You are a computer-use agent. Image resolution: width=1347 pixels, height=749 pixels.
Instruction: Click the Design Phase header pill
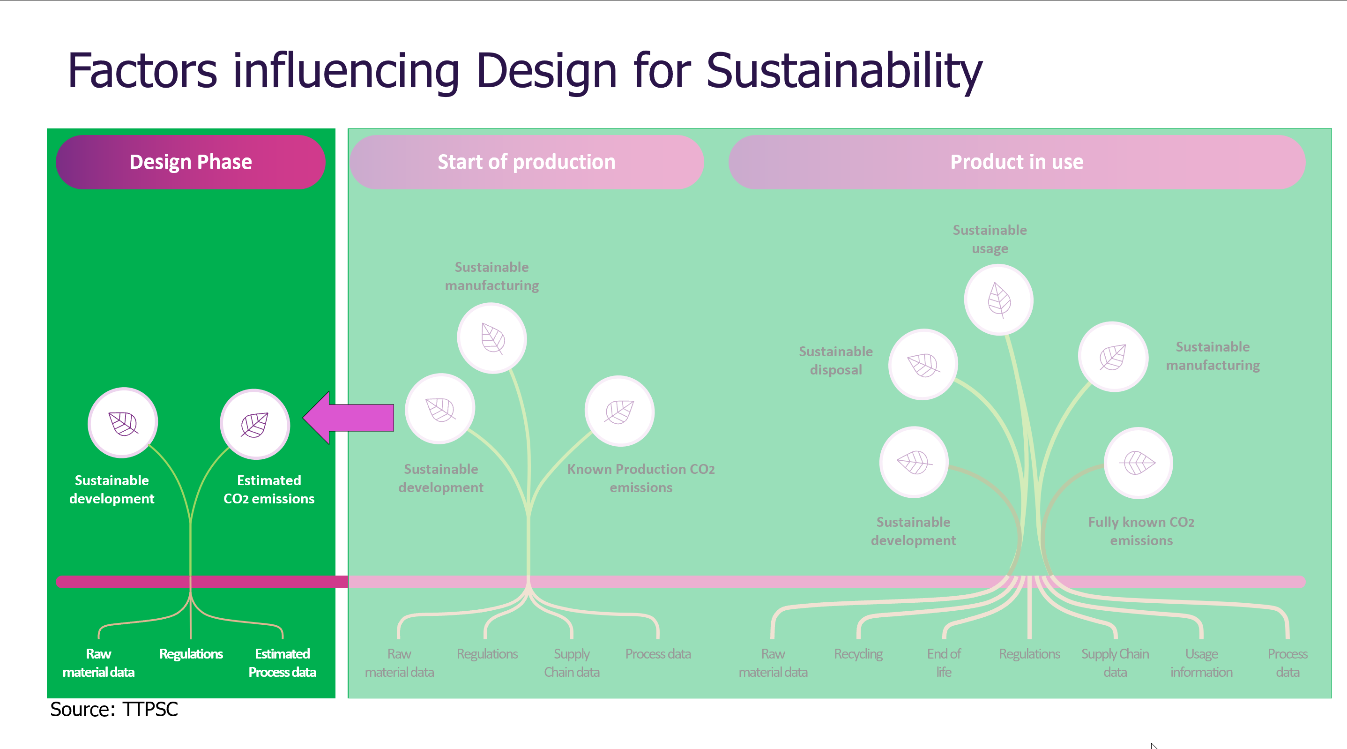pos(190,162)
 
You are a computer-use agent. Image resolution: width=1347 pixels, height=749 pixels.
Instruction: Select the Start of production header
pos(526,162)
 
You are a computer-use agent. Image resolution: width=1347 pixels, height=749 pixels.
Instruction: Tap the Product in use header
pos(1017,162)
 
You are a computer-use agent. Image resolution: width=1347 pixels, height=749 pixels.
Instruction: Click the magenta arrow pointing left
pos(348,418)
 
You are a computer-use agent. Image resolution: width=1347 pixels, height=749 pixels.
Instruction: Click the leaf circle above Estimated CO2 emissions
pos(255,424)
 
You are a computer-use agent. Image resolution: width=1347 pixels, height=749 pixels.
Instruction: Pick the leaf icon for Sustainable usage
pos(998,300)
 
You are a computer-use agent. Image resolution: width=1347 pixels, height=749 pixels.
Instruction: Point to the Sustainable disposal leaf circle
pos(923,364)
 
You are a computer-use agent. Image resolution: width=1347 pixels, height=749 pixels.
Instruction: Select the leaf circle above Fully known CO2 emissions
pos(1138,462)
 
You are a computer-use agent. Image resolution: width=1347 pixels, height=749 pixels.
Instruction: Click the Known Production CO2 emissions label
pos(640,478)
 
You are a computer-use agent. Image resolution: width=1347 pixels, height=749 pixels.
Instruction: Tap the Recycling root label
pos(858,654)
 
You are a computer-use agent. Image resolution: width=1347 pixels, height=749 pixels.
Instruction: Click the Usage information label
pos(1201,663)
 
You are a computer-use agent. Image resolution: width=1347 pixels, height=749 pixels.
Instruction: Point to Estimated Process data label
pos(282,663)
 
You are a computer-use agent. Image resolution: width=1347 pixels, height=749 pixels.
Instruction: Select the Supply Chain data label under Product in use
pos(1115,663)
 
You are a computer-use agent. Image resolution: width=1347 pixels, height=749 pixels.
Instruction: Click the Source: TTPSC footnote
pos(114,710)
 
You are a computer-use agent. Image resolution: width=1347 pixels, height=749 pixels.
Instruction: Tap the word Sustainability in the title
pos(844,71)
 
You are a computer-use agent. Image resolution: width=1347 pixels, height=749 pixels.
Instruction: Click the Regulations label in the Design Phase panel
pos(191,654)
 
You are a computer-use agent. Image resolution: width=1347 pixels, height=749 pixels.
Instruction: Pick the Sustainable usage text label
pos(990,239)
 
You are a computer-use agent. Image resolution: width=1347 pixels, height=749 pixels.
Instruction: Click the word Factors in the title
pos(142,71)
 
